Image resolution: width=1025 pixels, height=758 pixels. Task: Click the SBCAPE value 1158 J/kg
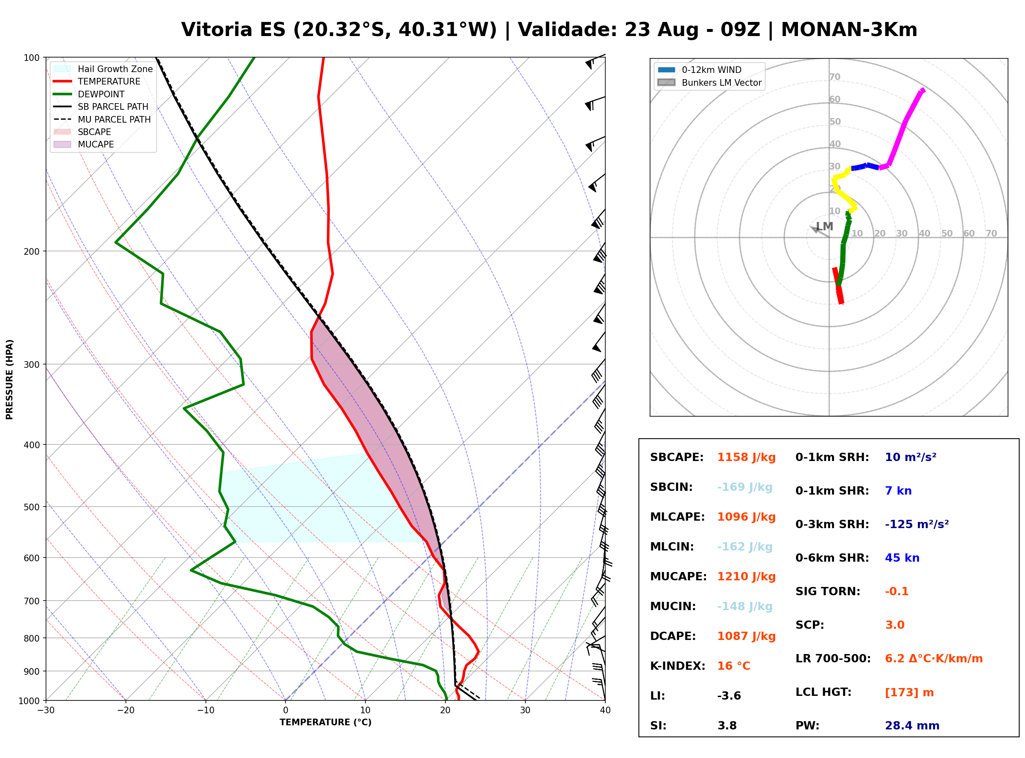pos(747,457)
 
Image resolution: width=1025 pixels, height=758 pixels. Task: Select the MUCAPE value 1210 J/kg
pos(747,577)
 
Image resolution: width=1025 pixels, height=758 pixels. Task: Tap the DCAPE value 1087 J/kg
pos(747,636)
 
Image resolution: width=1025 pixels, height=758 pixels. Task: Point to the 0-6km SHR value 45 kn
pos(902,558)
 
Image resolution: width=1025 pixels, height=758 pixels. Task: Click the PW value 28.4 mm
pos(912,726)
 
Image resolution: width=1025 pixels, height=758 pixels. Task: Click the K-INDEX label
pos(678,666)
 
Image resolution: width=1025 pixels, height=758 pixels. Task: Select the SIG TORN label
pos(828,592)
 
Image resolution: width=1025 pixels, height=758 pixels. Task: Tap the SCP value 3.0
pos(894,625)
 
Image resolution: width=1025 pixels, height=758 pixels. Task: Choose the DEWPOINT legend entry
pos(89,94)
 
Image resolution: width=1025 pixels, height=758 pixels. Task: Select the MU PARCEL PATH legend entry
pos(102,119)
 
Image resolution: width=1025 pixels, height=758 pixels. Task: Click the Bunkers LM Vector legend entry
pos(709,82)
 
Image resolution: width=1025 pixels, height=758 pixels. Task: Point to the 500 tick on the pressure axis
pos(31,507)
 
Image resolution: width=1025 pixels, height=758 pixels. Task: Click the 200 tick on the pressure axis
pos(31,251)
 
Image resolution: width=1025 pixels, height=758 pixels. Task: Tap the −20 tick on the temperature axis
pos(126,710)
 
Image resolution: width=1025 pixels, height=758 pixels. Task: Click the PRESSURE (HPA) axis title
pos(10,379)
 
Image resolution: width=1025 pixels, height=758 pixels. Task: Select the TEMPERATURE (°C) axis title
pos(326,722)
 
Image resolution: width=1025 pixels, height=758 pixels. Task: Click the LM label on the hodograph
pos(824,227)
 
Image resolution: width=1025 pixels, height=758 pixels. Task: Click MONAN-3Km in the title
pos(849,30)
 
